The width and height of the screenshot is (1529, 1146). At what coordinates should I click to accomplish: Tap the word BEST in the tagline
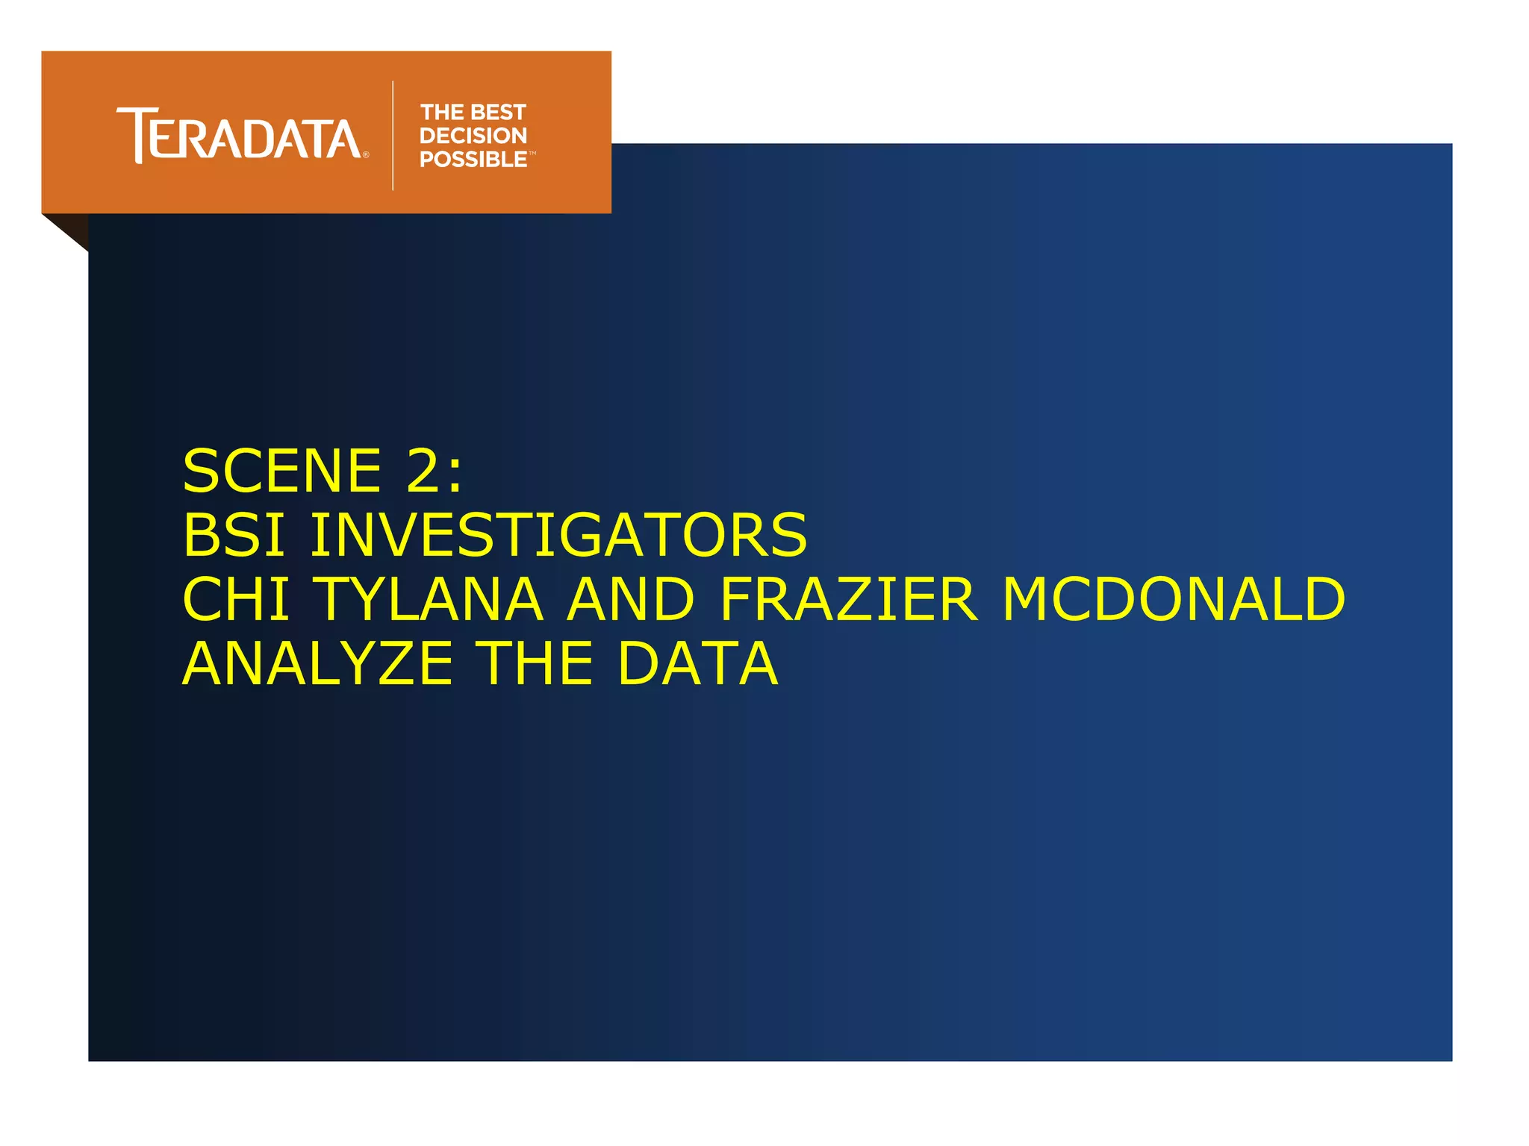(x=499, y=113)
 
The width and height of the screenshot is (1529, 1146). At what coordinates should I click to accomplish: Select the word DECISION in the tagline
(x=473, y=136)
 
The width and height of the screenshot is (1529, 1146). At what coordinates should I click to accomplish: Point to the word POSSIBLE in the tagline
(x=473, y=160)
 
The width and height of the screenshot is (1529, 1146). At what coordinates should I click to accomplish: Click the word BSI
(x=234, y=535)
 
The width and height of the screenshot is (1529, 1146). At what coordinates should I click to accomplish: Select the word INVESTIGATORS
(x=558, y=535)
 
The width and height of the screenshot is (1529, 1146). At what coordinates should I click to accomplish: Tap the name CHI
(x=236, y=599)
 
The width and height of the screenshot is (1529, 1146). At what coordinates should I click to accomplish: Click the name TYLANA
(x=429, y=599)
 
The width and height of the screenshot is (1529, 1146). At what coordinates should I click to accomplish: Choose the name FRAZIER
(x=848, y=599)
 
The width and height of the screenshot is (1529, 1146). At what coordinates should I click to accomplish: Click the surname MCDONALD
(x=1174, y=599)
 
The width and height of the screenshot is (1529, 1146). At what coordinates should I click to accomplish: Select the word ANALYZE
(x=318, y=663)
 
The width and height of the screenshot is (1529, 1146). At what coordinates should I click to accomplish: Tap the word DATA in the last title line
(x=697, y=663)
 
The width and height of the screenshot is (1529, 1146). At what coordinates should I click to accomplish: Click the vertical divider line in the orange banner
(x=393, y=135)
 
